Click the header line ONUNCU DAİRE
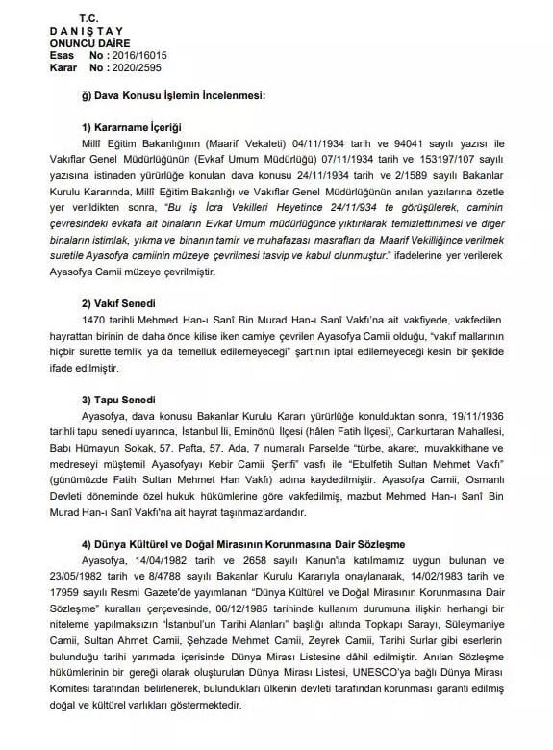pyautogui.click(x=84, y=43)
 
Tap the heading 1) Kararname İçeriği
pyautogui.click(x=132, y=127)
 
